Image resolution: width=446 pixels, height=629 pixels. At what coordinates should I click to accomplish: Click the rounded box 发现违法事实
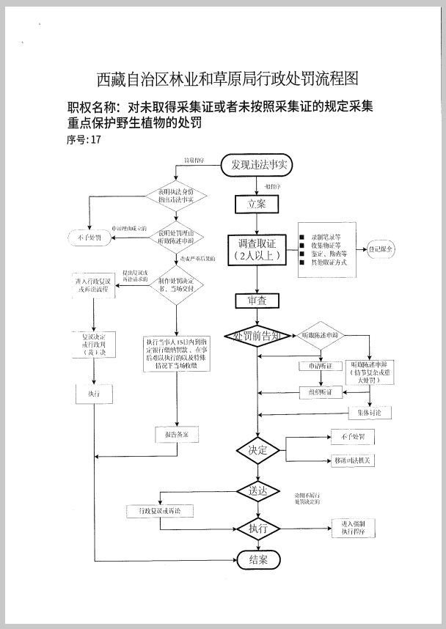(257, 166)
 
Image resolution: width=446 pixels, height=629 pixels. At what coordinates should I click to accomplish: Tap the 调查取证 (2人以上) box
(256, 249)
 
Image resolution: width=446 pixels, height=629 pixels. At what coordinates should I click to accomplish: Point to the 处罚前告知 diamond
(256, 336)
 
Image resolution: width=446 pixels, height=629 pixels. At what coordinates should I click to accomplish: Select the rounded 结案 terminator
(258, 560)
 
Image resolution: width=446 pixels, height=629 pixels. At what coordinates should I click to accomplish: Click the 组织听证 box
(321, 393)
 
